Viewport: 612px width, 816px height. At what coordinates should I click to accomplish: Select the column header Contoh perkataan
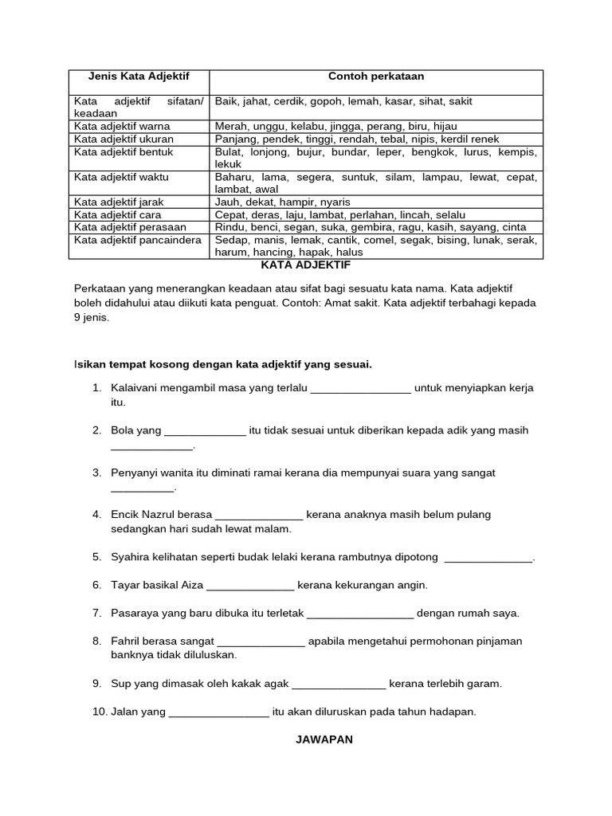click(x=376, y=76)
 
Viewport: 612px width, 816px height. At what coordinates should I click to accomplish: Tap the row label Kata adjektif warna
click(x=122, y=126)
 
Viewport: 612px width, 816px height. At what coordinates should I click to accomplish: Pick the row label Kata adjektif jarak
click(x=119, y=202)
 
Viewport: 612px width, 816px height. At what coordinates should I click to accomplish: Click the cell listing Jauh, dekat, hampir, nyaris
click(x=282, y=202)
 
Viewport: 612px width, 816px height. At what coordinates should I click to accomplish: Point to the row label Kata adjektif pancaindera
click(x=138, y=240)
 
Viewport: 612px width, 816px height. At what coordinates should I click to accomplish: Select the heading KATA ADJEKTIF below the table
click(x=306, y=265)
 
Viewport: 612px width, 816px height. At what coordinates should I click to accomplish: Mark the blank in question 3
click(x=142, y=488)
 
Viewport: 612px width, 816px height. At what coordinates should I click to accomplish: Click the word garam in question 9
click(x=486, y=684)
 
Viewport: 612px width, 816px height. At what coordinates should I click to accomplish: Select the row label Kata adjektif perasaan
click(x=130, y=227)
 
